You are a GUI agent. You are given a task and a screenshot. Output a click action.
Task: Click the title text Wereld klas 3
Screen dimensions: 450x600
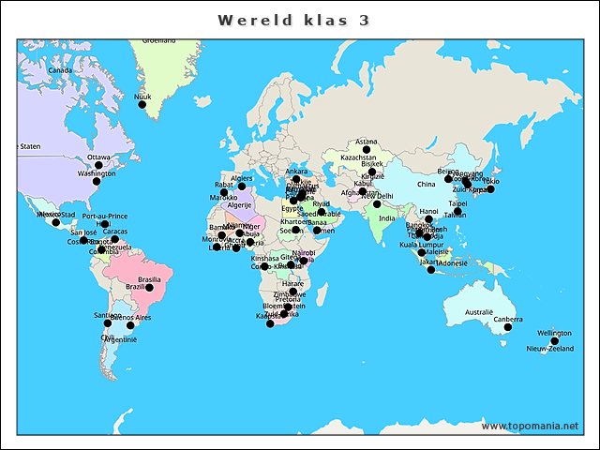tap(292, 20)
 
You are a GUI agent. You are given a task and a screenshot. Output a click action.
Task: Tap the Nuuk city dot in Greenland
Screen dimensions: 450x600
tap(142, 104)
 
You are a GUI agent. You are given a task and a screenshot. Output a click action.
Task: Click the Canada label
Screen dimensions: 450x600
tap(60, 70)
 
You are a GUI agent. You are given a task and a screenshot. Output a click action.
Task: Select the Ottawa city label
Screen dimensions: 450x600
tap(98, 157)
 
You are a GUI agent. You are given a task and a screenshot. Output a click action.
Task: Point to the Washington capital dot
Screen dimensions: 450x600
tap(96, 181)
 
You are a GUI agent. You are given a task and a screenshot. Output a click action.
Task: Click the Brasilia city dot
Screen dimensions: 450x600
tap(149, 288)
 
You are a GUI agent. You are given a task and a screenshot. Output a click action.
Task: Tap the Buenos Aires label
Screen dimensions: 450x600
tap(130, 318)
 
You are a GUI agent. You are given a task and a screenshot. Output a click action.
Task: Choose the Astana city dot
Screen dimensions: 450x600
tap(367, 150)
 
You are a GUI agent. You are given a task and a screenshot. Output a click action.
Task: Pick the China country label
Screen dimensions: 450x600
tap(427, 184)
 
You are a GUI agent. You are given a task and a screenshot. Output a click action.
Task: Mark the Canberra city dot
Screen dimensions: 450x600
tap(508, 327)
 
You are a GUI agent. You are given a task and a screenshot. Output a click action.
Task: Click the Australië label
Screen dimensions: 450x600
tap(479, 312)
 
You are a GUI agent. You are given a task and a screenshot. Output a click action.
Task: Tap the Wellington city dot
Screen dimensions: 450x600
tap(554, 341)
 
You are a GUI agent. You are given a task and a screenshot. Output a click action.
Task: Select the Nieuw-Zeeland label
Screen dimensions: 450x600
tap(549, 349)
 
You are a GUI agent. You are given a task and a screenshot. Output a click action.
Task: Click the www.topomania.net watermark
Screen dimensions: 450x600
tap(530, 426)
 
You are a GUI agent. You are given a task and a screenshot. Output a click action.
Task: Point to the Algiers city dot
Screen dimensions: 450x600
tap(242, 186)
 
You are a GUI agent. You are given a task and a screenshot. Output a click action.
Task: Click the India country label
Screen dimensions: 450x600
tap(387, 218)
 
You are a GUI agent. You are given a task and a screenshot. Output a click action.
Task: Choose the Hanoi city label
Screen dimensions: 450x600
tap(429, 212)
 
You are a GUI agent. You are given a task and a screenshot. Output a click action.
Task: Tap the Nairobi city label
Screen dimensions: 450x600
tap(303, 252)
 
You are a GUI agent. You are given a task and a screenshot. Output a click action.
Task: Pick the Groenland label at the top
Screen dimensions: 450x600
tap(158, 40)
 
